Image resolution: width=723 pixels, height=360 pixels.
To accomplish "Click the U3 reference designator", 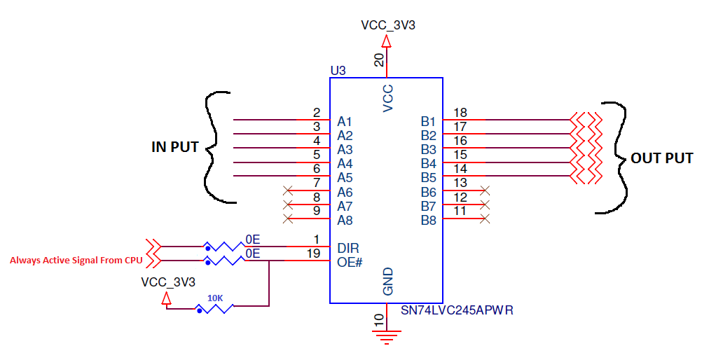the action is [x=338, y=71].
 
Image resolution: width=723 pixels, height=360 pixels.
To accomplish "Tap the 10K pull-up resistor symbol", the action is [x=214, y=307].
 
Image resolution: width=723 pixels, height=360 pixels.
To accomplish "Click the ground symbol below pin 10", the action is [x=386, y=336].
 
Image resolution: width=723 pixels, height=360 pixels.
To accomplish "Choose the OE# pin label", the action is [x=350, y=262].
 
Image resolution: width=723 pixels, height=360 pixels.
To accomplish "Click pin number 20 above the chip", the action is [x=379, y=60].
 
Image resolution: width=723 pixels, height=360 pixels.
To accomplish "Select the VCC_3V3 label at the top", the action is [x=388, y=25].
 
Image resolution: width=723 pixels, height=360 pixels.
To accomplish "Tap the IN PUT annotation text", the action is [x=175, y=147].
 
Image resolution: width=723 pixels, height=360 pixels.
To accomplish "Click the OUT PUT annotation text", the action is [x=661, y=158].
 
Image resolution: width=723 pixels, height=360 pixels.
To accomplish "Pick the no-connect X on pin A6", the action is [x=288, y=190].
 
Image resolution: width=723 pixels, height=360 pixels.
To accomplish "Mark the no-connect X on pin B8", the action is [x=484, y=219].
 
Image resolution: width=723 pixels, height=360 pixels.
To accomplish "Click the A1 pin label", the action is [x=345, y=122].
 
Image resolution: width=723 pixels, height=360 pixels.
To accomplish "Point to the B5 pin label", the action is [x=428, y=177].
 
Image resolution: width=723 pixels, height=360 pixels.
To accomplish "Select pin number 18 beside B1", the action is [x=460, y=113].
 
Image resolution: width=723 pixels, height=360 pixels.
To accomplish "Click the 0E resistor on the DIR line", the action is [x=225, y=247].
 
